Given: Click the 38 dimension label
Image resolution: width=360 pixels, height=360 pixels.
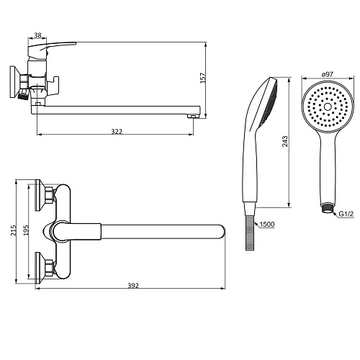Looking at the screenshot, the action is pos(37,35).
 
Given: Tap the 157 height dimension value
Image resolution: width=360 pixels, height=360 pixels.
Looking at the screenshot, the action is pos(203,78).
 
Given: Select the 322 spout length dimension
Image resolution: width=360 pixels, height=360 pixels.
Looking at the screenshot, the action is pos(117,132).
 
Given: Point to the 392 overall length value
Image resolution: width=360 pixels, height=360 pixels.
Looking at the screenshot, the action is pos(133,286).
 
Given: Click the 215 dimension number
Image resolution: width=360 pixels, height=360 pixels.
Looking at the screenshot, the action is pos(13,230).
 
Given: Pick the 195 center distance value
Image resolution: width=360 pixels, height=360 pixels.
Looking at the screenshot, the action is pos(26,230).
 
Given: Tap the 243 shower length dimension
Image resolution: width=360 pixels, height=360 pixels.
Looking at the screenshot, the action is pos(284,141).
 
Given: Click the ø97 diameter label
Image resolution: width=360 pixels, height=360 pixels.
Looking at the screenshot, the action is pos(328,74).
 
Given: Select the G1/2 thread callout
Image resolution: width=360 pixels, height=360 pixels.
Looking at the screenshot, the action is pos(346,214).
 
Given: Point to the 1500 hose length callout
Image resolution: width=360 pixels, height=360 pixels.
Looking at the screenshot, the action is pos(267,225).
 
